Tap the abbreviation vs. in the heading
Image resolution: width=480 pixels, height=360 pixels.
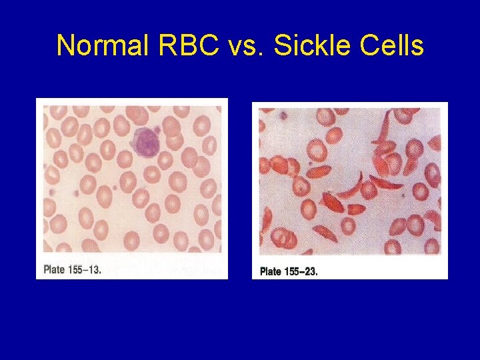click(x=238, y=46)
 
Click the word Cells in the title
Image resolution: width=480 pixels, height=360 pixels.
click(x=391, y=46)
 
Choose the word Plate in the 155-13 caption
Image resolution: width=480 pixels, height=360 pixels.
click(x=54, y=270)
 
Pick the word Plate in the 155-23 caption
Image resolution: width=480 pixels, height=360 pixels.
click(x=270, y=271)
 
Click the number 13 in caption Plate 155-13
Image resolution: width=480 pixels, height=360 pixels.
click(x=95, y=270)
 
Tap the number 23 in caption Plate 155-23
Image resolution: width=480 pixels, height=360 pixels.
click(x=311, y=271)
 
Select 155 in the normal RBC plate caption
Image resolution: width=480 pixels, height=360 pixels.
click(x=75, y=270)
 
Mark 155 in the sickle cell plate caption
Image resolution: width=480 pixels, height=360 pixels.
click(x=291, y=271)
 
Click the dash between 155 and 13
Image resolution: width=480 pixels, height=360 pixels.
click(x=86, y=270)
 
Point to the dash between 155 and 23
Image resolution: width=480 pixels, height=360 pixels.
click(x=302, y=271)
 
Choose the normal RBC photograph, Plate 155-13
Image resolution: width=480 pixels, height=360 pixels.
click(x=131, y=180)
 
